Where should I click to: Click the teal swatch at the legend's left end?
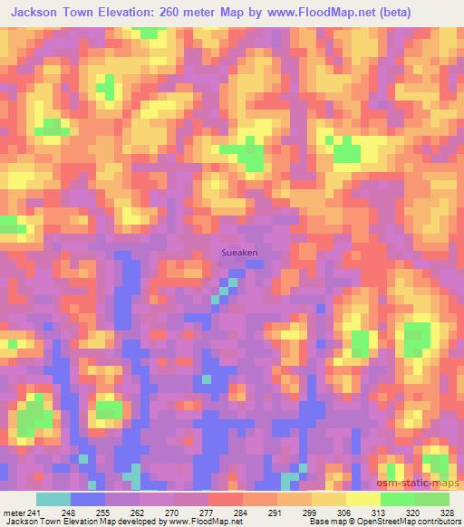coord(53,498)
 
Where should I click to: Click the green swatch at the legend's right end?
coord(432,498)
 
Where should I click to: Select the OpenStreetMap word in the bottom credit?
coord(374,522)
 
